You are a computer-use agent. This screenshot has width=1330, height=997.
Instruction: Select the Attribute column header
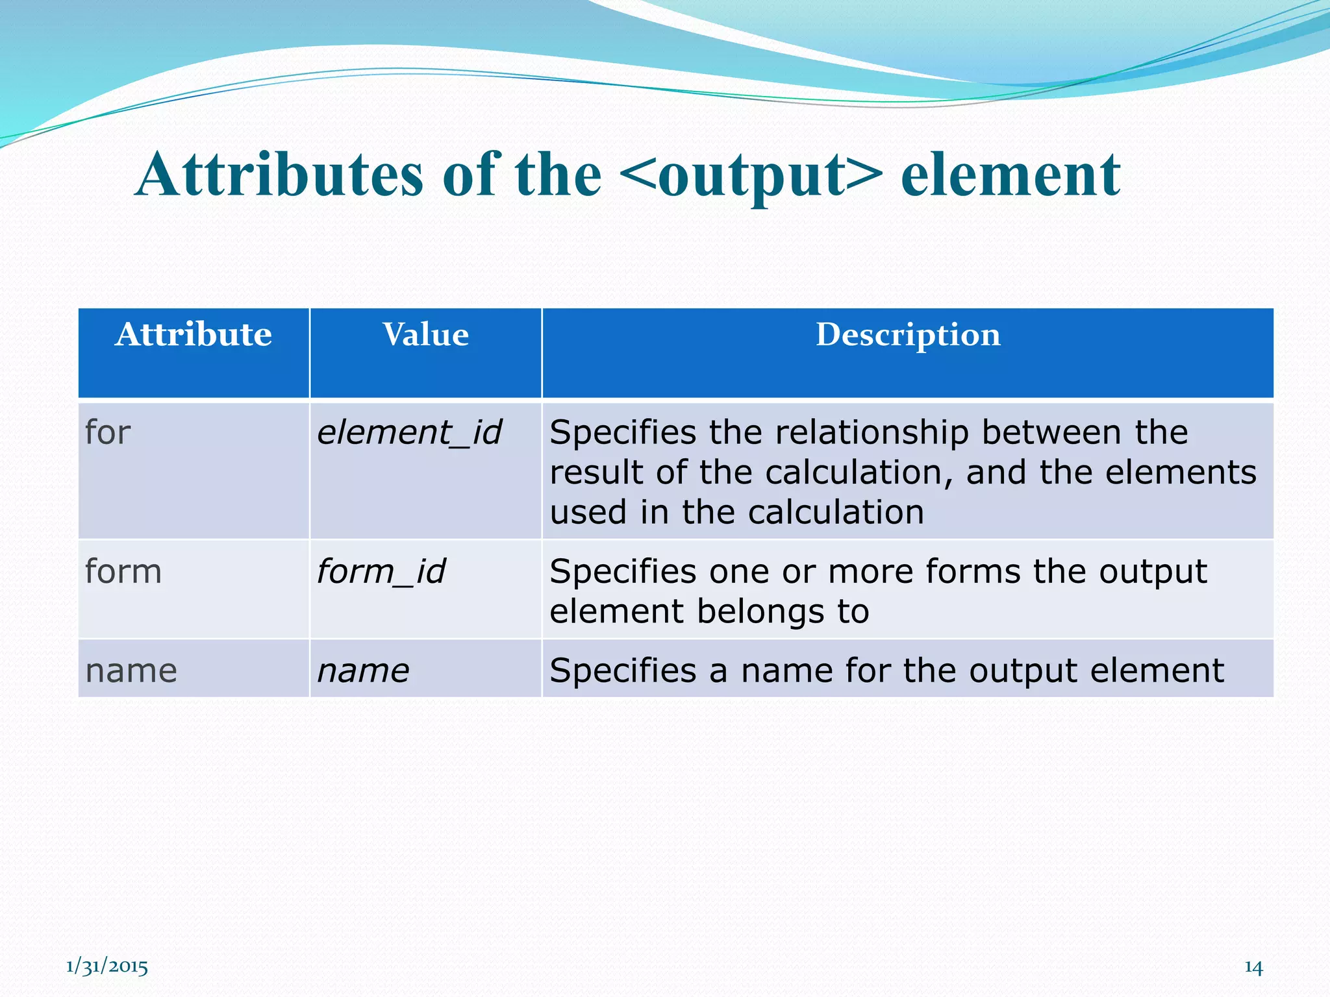coord(194,335)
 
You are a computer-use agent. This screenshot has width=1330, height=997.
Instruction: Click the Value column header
coord(425,335)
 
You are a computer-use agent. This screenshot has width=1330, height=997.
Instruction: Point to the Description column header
coord(907,335)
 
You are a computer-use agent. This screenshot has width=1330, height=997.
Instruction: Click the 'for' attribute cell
coord(108,432)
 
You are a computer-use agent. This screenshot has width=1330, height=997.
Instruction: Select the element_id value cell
coord(409,432)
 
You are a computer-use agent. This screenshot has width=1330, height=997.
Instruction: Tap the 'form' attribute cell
coord(123,572)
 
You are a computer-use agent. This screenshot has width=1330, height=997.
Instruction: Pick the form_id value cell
coord(381,572)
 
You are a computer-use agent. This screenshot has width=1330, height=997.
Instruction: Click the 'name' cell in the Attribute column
coord(131,671)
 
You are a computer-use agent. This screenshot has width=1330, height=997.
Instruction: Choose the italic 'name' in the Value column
coord(363,671)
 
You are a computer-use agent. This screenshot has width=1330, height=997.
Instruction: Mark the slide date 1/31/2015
coord(107,967)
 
